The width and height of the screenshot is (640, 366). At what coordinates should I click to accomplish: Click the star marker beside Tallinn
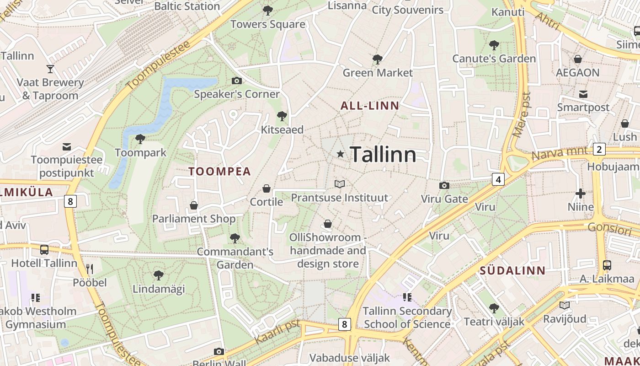[340, 154]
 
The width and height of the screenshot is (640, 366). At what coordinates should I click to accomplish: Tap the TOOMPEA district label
[220, 172]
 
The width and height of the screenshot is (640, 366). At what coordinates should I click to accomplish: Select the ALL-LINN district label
[370, 106]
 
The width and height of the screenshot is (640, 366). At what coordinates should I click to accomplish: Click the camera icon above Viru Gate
[444, 185]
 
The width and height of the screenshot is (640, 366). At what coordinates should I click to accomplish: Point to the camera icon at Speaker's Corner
[236, 81]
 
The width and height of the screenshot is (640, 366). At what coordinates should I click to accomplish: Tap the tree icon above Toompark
[140, 139]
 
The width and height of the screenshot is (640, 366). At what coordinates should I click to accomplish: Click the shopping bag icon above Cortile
[266, 188]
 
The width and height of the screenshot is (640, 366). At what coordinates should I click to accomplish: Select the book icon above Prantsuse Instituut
[339, 184]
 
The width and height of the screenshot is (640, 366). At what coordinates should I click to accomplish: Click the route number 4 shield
[498, 179]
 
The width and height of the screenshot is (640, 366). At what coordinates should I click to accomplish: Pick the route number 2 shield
[599, 149]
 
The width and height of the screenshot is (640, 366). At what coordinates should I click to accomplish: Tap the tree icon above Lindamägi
[158, 275]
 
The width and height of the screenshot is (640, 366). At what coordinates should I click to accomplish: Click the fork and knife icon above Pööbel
[90, 269]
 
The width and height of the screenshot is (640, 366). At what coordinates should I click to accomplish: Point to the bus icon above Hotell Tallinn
[44, 250]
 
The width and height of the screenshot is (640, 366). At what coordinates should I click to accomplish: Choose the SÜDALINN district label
[512, 270]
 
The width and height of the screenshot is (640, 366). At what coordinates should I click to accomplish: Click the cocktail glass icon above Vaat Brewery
[50, 69]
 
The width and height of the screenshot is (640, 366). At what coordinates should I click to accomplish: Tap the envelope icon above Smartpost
[583, 94]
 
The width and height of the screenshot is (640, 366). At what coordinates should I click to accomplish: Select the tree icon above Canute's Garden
[494, 45]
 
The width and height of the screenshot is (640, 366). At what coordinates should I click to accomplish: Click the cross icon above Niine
[581, 194]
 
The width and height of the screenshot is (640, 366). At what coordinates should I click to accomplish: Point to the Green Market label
[378, 73]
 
